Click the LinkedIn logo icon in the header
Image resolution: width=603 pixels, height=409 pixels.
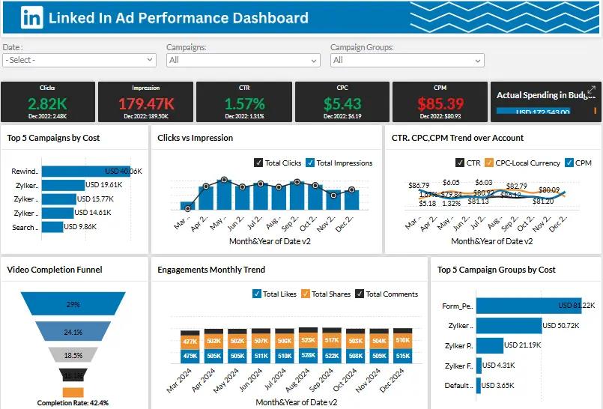tap(31, 17)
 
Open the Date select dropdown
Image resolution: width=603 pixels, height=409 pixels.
tap(79, 60)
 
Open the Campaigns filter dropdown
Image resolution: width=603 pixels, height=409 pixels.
tap(243, 60)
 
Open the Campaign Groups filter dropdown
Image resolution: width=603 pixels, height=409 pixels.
tap(407, 60)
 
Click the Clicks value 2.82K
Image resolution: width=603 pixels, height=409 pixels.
tap(48, 103)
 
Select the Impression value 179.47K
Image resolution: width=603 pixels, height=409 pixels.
tap(146, 103)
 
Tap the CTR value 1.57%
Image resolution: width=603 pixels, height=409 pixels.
tap(245, 103)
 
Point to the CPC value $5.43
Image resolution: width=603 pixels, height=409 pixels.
tap(342, 103)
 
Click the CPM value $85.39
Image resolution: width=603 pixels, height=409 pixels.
tap(440, 103)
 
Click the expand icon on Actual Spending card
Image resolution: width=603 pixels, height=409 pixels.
tap(591, 90)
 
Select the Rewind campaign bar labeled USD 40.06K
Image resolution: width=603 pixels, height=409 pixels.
tap(85, 171)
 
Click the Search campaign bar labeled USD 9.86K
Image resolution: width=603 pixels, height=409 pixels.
tap(52, 227)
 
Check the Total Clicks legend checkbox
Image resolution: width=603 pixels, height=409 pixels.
tap(259, 163)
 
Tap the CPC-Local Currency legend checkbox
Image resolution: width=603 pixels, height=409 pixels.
tap(489, 163)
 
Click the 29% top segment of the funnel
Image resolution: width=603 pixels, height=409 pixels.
tap(73, 304)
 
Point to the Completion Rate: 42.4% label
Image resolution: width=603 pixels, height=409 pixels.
tap(73, 403)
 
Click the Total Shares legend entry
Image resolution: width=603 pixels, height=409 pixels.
tap(306, 294)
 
